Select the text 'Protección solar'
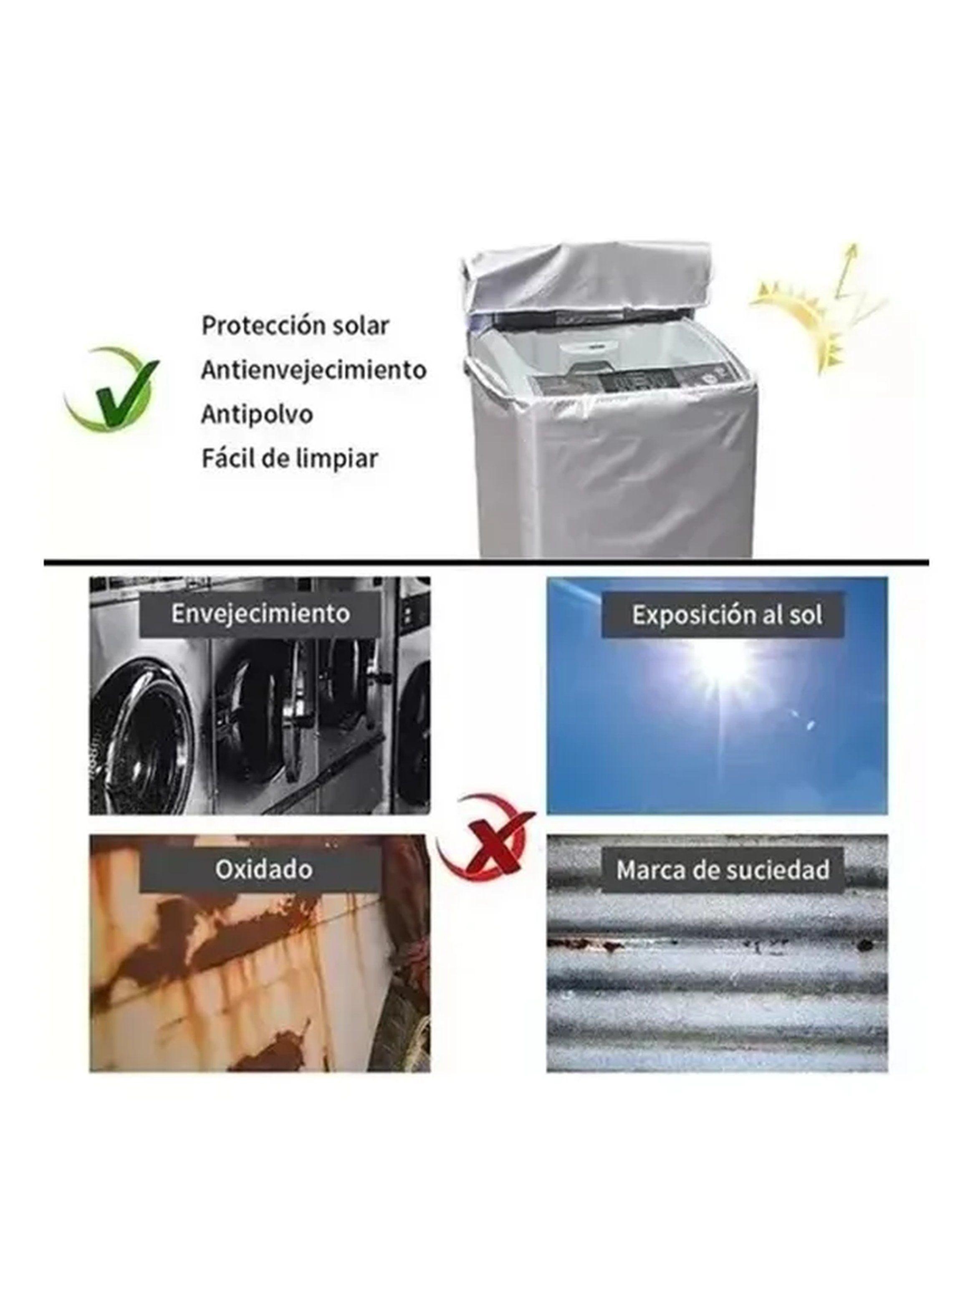295,325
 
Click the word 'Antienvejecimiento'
313,369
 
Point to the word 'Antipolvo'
257,414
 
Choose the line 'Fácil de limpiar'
290,458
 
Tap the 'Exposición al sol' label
727,615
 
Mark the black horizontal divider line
487,563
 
